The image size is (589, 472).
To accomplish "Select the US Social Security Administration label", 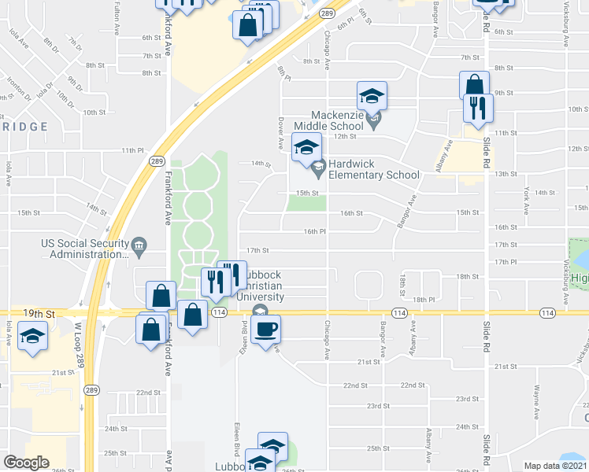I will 84,249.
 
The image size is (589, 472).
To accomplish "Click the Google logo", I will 26,463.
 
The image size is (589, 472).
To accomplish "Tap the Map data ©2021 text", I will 555,466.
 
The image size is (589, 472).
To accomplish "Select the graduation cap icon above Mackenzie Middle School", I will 372,97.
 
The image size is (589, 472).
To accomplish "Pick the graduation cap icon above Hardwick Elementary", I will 306,147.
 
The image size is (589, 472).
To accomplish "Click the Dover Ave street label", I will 281,134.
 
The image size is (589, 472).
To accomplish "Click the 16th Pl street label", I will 315,231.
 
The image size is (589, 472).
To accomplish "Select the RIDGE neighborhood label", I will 24,126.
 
